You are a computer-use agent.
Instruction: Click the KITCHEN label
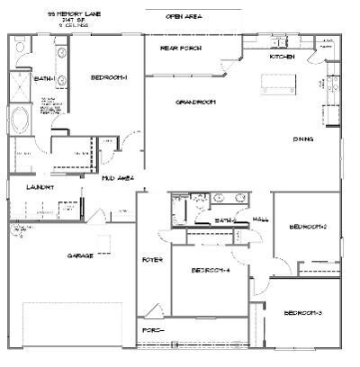coord(282,57)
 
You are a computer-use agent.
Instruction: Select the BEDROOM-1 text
coord(109,78)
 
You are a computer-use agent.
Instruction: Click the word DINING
coord(303,139)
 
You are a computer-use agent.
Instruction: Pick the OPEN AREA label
coord(184,17)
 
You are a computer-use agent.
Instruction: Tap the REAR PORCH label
coord(180,48)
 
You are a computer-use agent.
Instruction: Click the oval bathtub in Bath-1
coord(20,119)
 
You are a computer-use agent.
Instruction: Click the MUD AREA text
coord(118,178)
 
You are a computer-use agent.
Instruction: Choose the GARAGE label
coord(80,255)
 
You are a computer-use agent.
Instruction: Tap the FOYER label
coord(151,260)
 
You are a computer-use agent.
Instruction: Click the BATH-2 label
coord(225,220)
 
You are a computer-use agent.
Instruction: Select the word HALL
coord(261,219)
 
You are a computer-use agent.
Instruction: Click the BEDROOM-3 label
coord(302,312)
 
